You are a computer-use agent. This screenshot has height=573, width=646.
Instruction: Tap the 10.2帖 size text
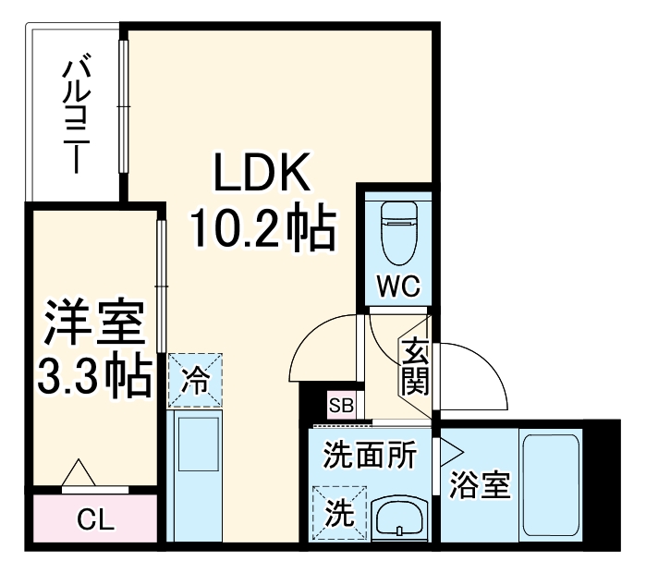(261, 228)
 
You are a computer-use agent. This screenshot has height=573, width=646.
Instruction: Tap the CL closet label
(95, 520)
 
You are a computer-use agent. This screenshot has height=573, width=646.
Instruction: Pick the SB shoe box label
(340, 406)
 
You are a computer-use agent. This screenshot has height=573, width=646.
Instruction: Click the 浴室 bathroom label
(479, 485)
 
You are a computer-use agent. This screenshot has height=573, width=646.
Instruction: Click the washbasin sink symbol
(398, 517)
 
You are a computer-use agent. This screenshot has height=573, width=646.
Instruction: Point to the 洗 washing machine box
(338, 511)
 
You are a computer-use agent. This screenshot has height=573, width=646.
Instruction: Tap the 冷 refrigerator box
(195, 379)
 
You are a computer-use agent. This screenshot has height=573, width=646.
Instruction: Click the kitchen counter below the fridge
(195, 476)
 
